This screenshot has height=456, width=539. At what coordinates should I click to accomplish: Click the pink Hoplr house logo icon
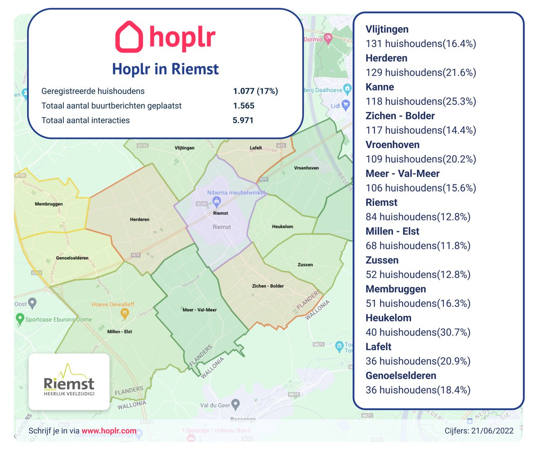point(129,37)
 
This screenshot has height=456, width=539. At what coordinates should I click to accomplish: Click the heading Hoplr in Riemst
point(165,69)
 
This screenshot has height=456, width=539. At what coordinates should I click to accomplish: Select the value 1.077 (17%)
point(255,91)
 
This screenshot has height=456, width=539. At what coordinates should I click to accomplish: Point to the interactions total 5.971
point(243,120)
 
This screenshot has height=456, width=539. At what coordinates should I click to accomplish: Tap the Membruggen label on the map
point(49,204)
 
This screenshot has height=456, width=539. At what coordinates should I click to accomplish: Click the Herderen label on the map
point(140,219)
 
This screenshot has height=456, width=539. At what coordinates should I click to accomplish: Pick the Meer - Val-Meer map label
point(199,310)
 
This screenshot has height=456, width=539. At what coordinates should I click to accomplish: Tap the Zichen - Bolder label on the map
point(268,286)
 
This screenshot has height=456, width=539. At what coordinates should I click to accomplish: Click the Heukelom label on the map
point(283,227)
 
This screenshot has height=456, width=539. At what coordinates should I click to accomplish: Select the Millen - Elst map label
point(119,332)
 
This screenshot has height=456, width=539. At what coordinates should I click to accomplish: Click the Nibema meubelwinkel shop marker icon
point(216,201)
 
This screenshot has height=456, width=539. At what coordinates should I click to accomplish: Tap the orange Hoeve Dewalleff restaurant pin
point(125,314)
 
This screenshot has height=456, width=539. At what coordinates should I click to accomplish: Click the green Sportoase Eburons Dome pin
point(19,319)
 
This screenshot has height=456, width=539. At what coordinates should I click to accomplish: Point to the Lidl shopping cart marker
point(345,105)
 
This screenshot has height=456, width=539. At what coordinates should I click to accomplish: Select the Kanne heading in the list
point(380,87)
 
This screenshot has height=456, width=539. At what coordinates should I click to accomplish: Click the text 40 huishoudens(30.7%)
point(418,332)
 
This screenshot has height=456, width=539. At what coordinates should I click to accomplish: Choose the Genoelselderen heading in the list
point(401,376)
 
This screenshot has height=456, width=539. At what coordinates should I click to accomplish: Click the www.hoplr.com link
point(109,431)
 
